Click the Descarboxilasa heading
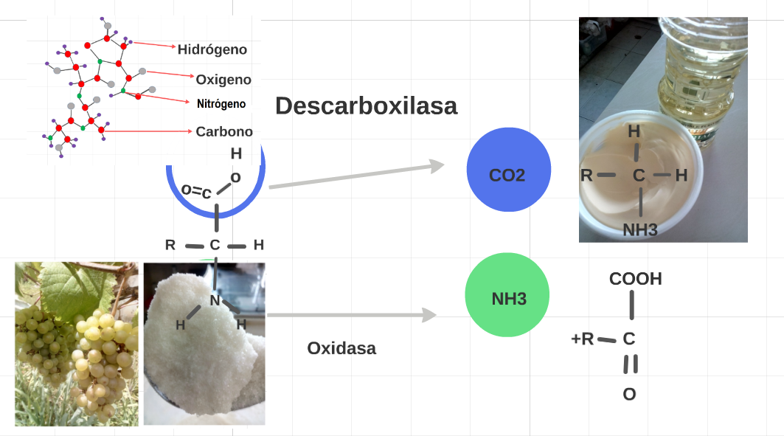click(366, 105)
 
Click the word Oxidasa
click(341, 348)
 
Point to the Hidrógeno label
click(212, 49)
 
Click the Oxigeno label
click(223, 79)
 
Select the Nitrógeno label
click(221, 104)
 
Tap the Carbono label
click(224, 132)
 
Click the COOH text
click(635, 280)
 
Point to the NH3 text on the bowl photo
click(639, 230)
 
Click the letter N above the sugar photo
click(215, 300)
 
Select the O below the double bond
click(629, 395)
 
